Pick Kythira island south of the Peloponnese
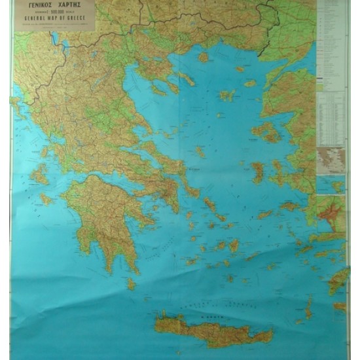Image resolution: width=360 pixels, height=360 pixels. point(131,283)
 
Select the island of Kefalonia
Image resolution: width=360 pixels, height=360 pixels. point(39,173)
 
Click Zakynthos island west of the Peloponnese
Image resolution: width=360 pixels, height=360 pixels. point(45,198)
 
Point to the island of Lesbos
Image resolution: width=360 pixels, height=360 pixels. point(267,132)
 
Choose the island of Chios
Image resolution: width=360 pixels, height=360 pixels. point(257,172)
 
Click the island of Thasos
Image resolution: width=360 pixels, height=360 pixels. point(203,57)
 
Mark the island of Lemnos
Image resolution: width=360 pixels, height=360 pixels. point(226,96)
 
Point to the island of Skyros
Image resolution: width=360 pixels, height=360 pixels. point(200,152)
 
